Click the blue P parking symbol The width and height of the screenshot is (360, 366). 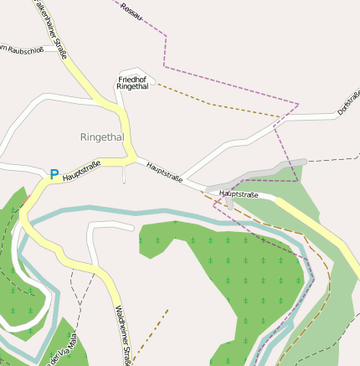coord(54,175)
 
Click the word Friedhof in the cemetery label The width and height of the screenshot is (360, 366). coord(132,79)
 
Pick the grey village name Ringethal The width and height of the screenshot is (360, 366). coord(102,137)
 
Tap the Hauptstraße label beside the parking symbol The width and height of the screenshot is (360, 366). coord(81,170)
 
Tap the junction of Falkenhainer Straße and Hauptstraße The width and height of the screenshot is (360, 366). coord(130,157)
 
